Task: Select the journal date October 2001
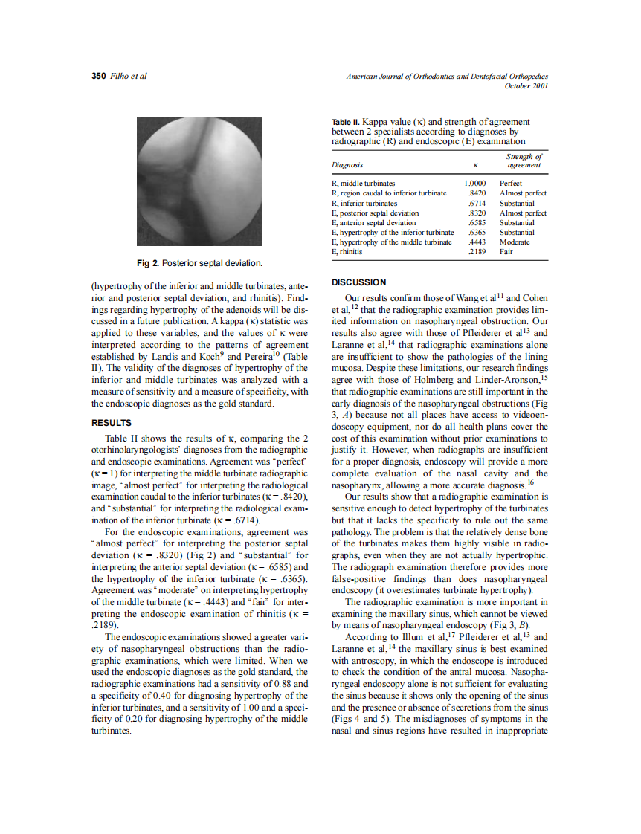coord(526,85)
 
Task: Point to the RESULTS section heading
coord(111,422)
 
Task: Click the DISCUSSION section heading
coord(358,282)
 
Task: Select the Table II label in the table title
coord(346,122)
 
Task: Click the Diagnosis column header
coord(347,165)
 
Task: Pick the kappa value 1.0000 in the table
coord(474,183)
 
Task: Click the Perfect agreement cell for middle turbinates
coord(511,183)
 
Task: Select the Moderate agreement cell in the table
coord(515,242)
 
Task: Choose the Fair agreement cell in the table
coord(506,252)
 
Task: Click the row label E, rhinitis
coord(347,252)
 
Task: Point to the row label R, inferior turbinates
coord(364,203)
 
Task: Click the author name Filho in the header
coord(118,76)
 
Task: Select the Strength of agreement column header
coord(524,161)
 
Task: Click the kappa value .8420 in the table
coord(477,193)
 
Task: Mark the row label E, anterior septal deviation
coord(373,222)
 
